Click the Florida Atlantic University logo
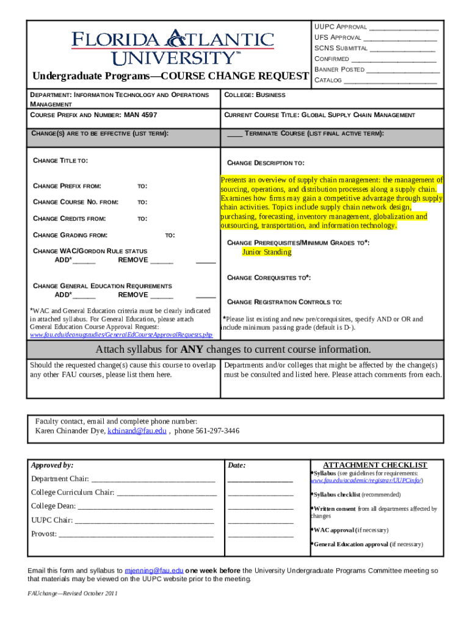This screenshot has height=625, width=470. pyautogui.click(x=173, y=47)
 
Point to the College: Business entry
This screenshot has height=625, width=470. pyautogui.click(x=255, y=95)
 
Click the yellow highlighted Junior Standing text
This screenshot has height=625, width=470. pyautogui.click(x=266, y=252)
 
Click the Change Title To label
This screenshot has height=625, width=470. pyautogui.click(x=60, y=161)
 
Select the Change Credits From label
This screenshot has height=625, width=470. pyautogui.click(x=69, y=218)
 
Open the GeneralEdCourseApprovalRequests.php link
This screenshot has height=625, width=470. pyautogui.click(x=121, y=335)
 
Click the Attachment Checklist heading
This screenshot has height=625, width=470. pyautogui.click(x=375, y=465)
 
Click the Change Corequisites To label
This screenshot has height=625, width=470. pyautogui.click(x=269, y=278)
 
